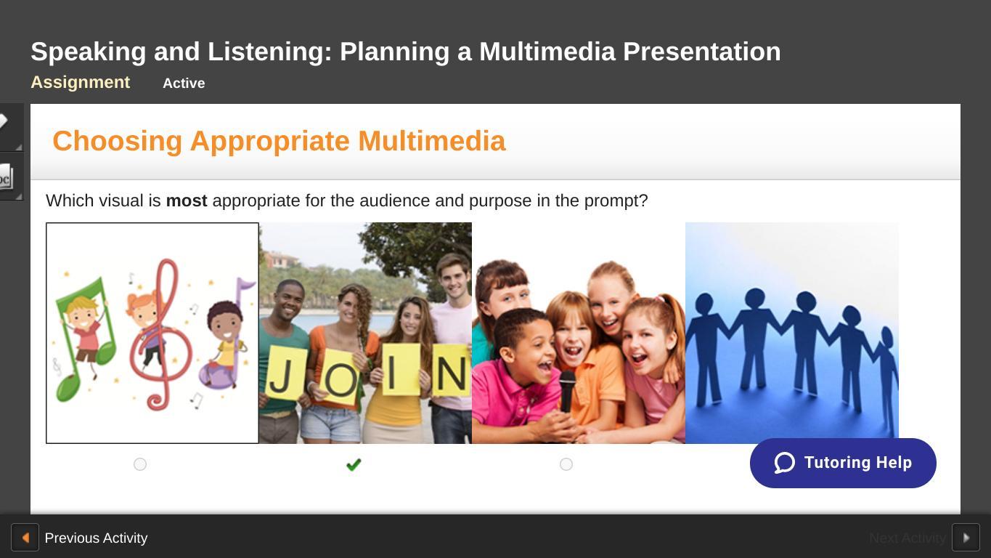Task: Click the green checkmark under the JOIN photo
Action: pos(354,464)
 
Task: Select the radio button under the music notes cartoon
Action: pos(140,464)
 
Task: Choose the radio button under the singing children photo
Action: pos(566,464)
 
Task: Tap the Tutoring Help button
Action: pos(843,464)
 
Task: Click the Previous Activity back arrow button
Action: pos(25,537)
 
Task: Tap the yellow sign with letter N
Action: pos(450,371)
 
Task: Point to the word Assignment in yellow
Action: pos(80,82)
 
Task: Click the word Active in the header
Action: pos(184,84)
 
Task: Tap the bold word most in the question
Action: pos(187,201)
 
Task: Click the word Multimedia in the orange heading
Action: pos(432,141)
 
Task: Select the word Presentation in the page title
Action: pos(701,52)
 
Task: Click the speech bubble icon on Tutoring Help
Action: pos(784,463)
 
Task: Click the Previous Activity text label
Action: pos(96,538)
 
